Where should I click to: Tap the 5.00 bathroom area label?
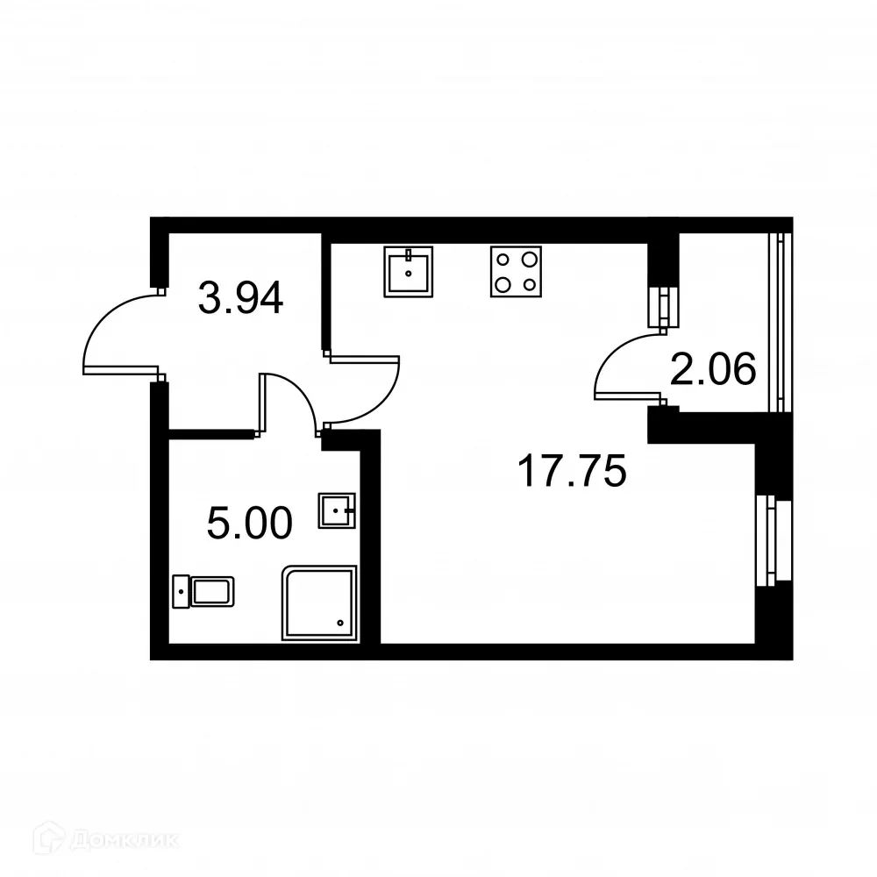(249, 524)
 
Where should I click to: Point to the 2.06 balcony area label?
(712, 369)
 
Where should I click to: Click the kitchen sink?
(409, 272)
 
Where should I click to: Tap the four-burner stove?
(515, 272)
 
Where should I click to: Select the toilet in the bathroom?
(204, 591)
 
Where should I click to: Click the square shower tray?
(319, 602)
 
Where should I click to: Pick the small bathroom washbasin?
(337, 510)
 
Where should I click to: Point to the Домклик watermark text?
(123, 840)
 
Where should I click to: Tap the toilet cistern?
(182, 591)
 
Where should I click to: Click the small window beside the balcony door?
(664, 307)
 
